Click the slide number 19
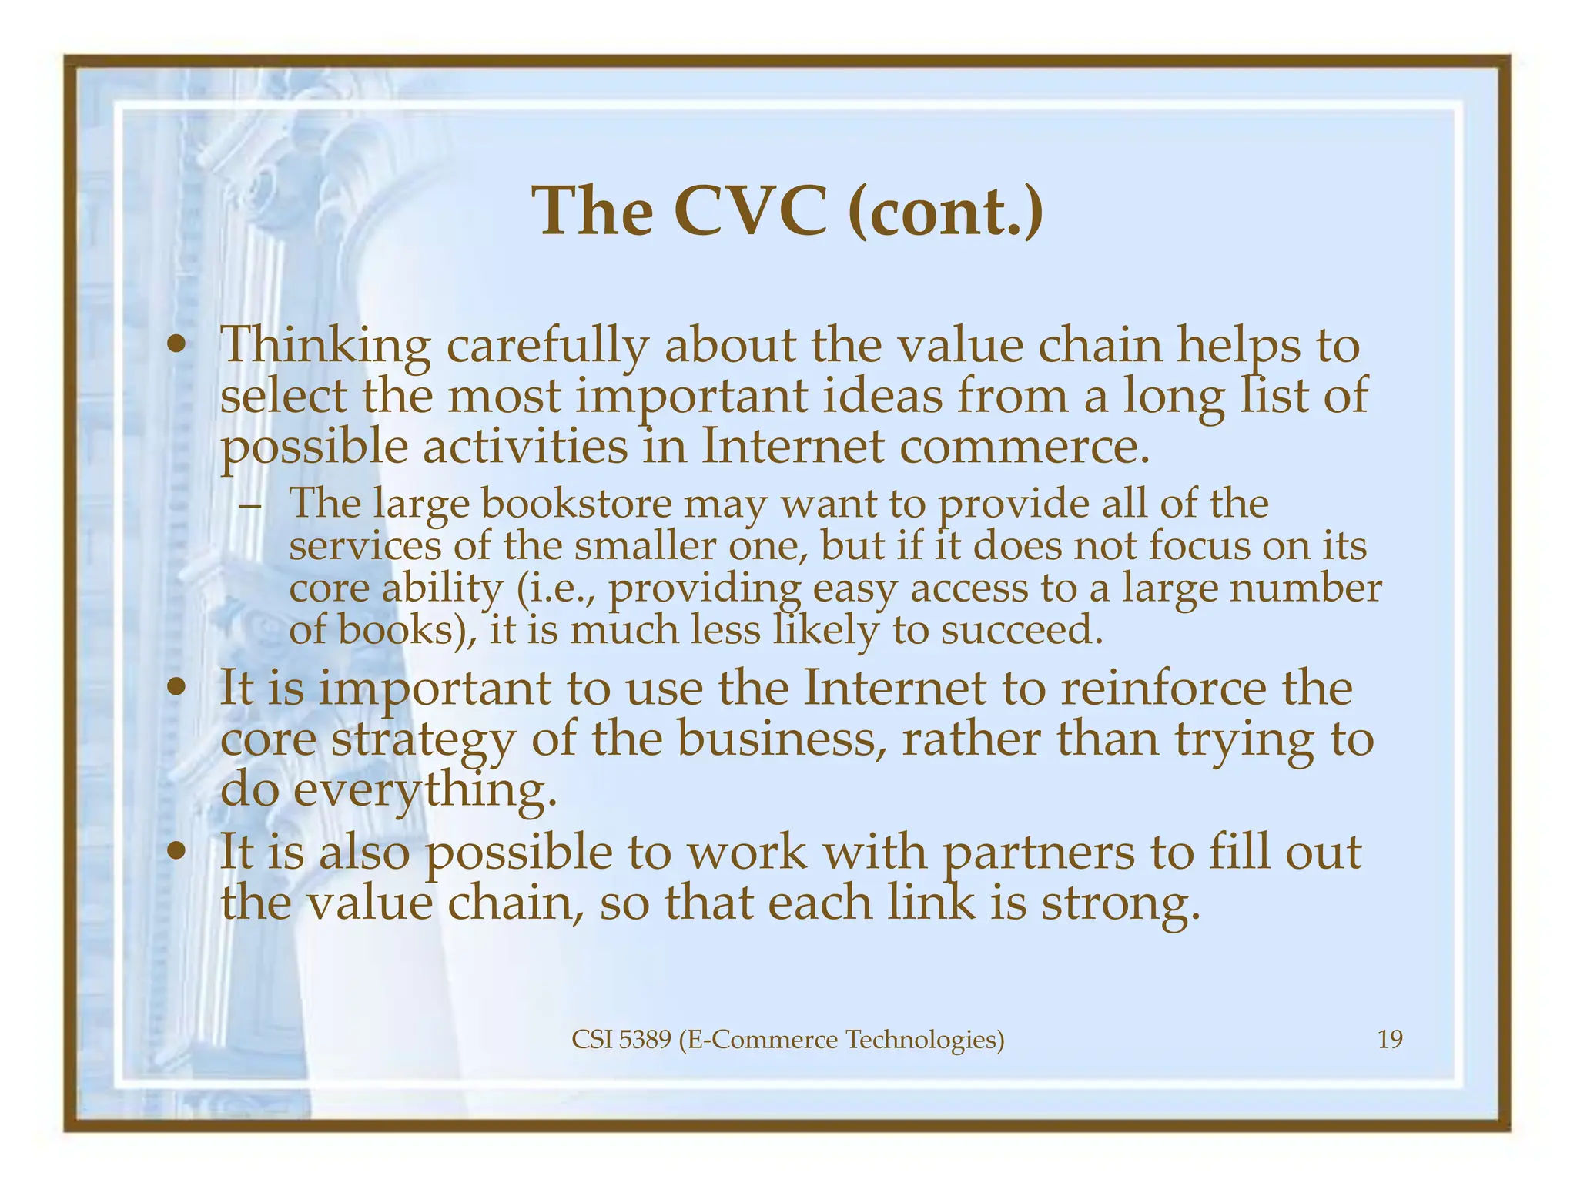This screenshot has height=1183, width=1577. tap(1389, 1040)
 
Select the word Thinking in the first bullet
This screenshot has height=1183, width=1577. tap(325, 346)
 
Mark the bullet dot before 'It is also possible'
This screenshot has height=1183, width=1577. tap(178, 853)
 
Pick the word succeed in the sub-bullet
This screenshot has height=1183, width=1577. tap(1023, 630)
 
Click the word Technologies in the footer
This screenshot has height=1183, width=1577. tap(925, 1040)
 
